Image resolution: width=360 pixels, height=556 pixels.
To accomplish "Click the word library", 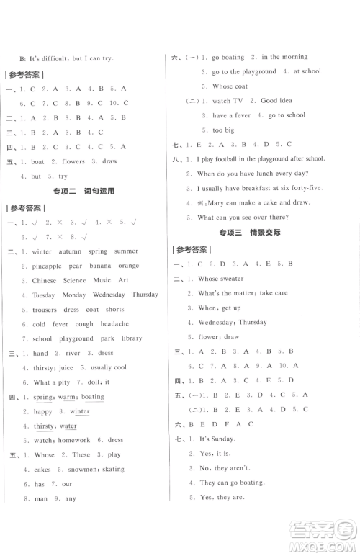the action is (132, 338).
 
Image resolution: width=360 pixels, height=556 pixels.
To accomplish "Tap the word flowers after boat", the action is (68, 161).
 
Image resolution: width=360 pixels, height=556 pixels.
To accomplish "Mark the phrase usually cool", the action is (109, 368).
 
